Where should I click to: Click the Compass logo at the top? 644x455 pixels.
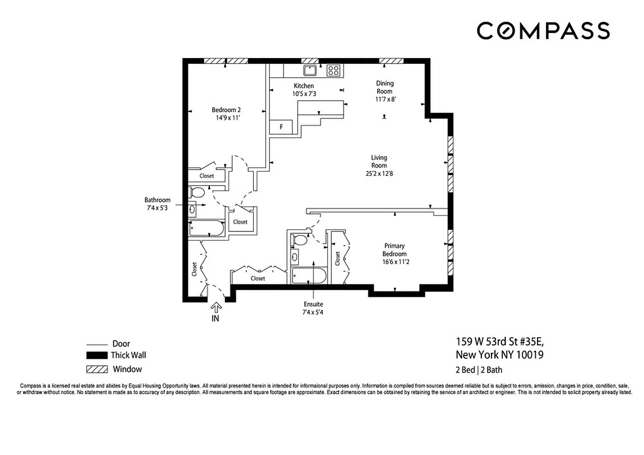point(543,31)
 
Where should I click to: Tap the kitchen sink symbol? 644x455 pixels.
point(310,71)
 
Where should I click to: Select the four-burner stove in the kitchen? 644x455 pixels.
point(333,71)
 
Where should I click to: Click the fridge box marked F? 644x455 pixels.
point(281,127)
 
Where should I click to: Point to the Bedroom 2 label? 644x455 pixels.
point(226,110)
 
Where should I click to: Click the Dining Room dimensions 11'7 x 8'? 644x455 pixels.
point(385,99)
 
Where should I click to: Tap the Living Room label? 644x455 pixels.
point(379,162)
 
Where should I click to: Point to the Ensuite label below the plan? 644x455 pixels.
point(313,305)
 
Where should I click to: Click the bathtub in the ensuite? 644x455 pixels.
point(308,276)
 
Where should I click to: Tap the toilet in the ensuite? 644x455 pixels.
point(299,240)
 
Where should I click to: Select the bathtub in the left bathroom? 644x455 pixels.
point(207,229)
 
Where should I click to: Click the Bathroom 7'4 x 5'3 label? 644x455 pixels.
point(157,204)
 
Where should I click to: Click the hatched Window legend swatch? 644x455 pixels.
point(96,369)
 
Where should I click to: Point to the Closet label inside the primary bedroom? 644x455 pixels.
point(338,259)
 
